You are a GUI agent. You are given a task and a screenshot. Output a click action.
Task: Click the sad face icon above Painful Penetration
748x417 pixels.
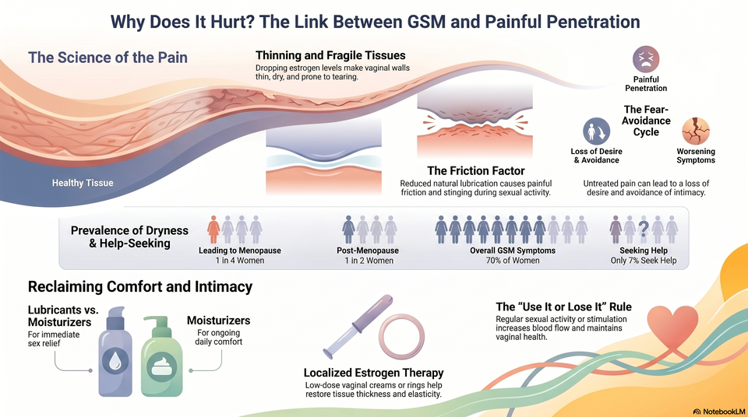pos(646,60)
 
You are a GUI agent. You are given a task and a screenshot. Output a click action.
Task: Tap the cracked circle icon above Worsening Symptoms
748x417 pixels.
pos(696,131)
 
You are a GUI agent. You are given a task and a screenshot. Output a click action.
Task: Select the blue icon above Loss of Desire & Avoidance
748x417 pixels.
pos(596,131)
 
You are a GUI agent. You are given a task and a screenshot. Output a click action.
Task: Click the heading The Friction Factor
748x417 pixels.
pos(475,170)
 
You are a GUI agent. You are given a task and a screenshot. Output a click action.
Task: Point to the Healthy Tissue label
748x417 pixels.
pos(83,183)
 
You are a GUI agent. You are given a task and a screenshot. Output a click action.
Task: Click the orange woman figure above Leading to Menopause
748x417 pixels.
pos(213,230)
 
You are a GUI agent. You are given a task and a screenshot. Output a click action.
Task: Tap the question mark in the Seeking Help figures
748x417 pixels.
pos(644,230)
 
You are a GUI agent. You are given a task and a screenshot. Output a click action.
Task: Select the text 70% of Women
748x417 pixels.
pos(513,261)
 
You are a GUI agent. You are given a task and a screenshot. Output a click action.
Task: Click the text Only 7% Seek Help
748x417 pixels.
pos(644,261)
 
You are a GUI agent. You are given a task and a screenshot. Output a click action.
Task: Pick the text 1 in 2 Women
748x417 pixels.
pos(369,261)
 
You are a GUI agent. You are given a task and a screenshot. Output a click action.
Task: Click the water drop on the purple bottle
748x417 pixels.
pos(115,360)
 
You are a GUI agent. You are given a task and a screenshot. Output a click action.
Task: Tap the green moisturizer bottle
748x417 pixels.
pos(162,356)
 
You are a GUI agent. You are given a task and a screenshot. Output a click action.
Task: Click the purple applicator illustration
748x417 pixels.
pos(358,327)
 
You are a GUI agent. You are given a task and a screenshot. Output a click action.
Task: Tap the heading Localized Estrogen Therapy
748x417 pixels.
pos(373,373)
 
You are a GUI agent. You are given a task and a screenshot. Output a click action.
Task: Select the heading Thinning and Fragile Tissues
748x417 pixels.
pos(330,55)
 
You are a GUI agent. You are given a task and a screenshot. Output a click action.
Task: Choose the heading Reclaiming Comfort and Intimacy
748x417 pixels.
pos(140,287)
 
